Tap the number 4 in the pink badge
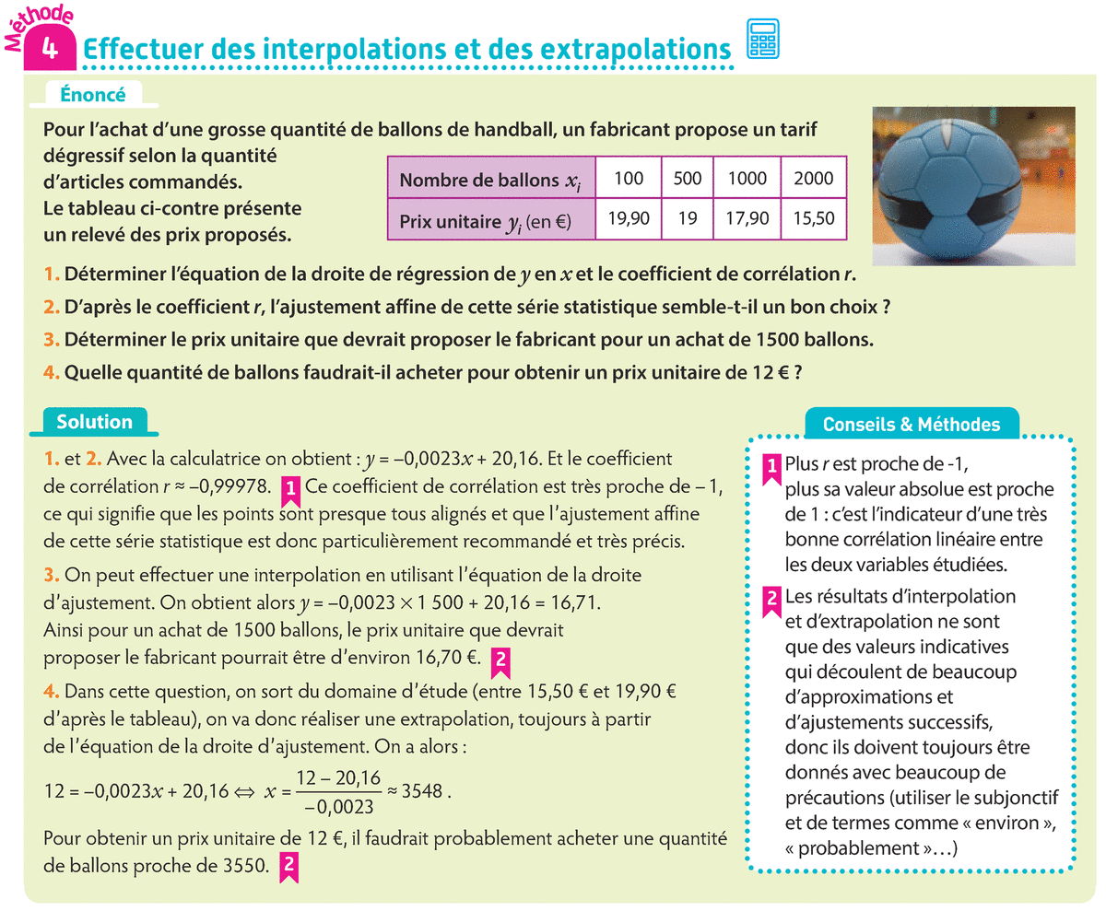[47, 50]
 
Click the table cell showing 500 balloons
[688, 179]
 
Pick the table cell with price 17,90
[747, 221]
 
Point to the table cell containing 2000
[812, 179]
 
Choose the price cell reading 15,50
[812, 221]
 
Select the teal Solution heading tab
[94, 422]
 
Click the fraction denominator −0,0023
[338, 807]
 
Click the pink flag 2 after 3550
[289, 867]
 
